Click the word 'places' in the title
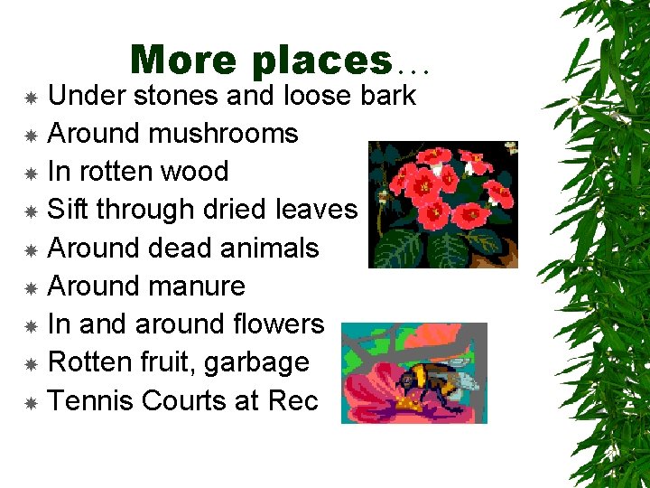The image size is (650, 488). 322,61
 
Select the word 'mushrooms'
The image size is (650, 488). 223,134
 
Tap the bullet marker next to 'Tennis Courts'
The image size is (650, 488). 31,402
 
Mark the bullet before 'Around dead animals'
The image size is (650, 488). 31,249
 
